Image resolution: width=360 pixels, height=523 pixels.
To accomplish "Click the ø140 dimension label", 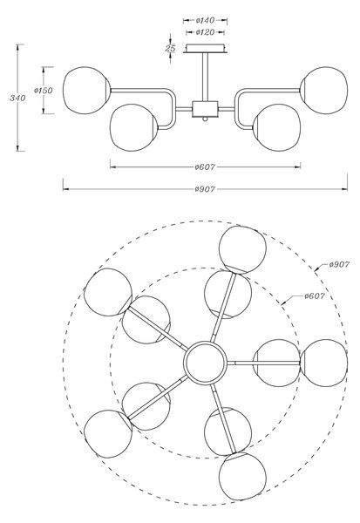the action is [205, 20].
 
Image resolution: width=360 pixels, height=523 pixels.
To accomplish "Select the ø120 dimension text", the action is [205, 32].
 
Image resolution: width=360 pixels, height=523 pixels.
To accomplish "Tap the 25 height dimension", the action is [170, 48].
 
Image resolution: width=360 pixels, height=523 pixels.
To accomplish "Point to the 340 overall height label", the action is [17, 98].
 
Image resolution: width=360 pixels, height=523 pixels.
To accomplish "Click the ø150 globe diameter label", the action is [44, 91].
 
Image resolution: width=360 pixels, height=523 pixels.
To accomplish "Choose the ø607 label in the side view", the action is [205, 166].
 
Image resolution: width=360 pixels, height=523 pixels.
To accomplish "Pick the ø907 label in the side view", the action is [205, 189].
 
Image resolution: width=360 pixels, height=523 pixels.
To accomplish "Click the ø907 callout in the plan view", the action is [339, 264].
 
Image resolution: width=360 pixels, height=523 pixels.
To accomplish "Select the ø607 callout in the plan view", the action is [315, 295].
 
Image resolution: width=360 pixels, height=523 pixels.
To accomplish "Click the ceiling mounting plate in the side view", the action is [205, 48].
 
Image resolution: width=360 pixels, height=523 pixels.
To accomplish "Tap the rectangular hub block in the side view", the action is [205, 109].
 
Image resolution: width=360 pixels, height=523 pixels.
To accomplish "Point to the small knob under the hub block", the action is [205, 119].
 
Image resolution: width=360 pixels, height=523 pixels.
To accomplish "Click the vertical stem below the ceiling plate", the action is [205, 77].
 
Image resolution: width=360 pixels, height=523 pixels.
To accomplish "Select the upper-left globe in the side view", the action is [87, 91].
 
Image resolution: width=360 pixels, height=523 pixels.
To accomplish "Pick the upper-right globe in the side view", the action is [323, 91].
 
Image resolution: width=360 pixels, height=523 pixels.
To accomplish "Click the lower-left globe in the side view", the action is [133, 128].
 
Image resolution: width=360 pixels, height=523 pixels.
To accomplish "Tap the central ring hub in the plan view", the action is [205, 363].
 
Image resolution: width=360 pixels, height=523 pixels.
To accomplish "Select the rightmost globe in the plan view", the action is [324, 363].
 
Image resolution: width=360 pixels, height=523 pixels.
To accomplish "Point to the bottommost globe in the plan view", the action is [242, 476].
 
